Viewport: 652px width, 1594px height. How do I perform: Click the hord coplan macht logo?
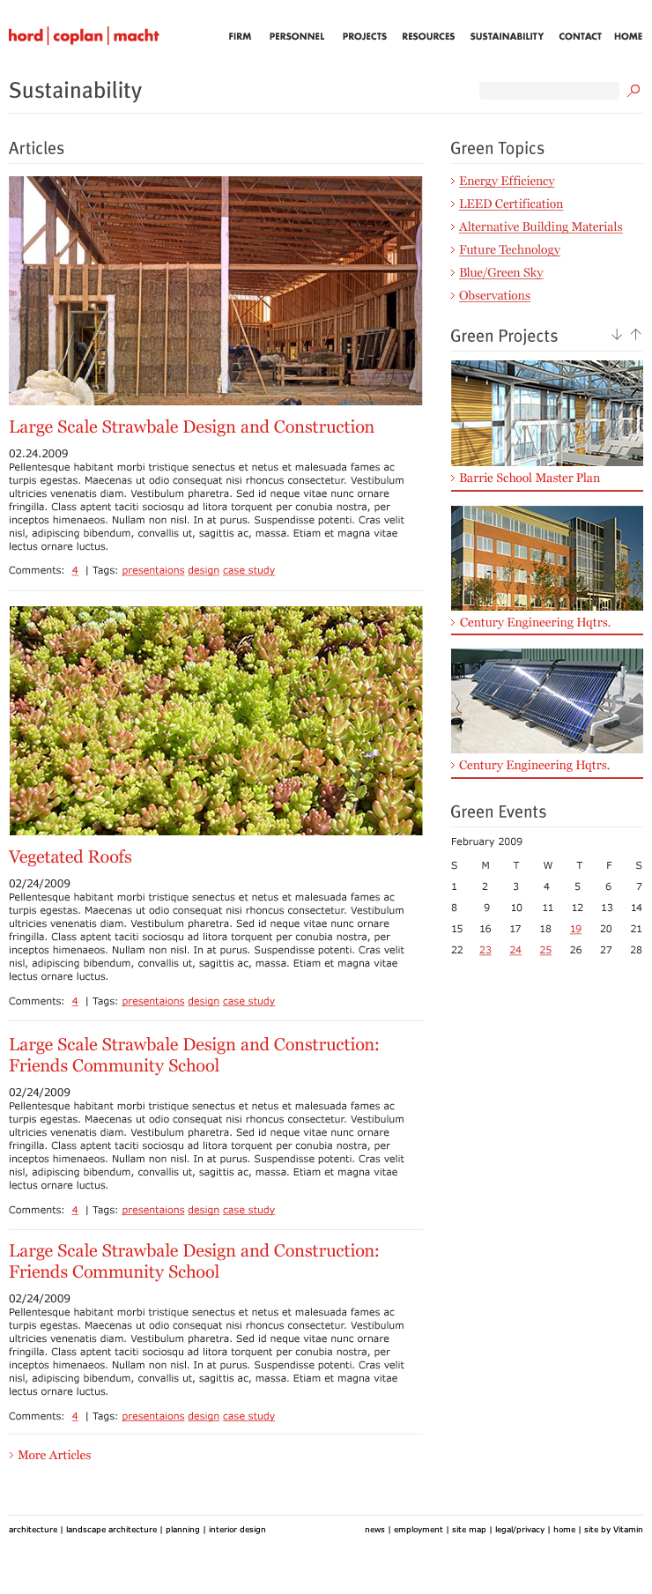point(84,36)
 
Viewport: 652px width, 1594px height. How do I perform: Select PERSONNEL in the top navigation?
point(297,37)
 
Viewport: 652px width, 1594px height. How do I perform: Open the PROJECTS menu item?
point(364,37)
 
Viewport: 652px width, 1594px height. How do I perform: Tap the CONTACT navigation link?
point(580,37)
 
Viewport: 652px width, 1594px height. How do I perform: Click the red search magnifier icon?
point(633,90)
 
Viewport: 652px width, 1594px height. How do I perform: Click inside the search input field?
point(548,91)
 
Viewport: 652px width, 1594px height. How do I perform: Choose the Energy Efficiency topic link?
point(507,182)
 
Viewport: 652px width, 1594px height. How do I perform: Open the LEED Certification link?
point(510,204)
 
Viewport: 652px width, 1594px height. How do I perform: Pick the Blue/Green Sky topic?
point(500,273)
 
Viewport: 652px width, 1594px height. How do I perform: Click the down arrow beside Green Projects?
point(617,335)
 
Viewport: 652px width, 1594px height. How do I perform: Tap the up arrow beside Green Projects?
point(635,335)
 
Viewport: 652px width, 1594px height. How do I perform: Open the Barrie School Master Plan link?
point(529,478)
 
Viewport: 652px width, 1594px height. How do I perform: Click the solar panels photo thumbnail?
point(546,701)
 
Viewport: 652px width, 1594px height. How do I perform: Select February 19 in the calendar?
point(575,929)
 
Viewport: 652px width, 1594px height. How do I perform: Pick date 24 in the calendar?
point(515,950)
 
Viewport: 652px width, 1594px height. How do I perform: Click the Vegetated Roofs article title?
point(70,857)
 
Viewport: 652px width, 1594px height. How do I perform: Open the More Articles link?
point(54,1455)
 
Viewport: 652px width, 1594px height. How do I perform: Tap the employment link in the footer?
point(418,1530)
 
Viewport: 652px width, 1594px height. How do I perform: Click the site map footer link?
point(469,1530)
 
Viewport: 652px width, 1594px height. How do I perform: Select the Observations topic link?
point(494,296)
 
